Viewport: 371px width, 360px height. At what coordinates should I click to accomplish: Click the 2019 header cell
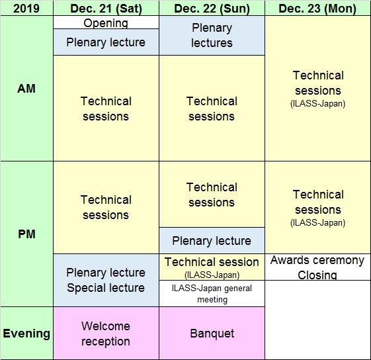coord(26,8)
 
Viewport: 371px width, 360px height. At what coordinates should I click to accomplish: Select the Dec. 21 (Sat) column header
coord(106,8)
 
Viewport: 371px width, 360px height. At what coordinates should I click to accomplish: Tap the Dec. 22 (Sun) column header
coord(212,8)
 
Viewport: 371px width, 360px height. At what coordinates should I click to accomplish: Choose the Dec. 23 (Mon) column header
coord(317,8)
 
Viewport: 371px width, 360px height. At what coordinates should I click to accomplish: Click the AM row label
coord(26,89)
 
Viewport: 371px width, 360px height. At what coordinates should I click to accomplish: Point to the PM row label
coord(26,234)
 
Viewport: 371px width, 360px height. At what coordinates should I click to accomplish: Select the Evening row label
coord(26,334)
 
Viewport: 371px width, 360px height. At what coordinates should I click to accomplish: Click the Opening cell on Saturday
coord(106,22)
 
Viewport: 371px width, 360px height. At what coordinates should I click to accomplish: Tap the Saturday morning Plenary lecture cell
coord(106,42)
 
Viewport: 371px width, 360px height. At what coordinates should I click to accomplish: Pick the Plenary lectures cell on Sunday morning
coord(212,36)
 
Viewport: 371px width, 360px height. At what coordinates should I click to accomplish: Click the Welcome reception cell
coord(106,334)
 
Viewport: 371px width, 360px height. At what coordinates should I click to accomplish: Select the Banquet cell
coord(212,334)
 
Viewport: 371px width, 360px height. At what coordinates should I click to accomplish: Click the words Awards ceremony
coord(317,260)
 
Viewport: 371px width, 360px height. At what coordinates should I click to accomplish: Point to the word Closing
coord(317,275)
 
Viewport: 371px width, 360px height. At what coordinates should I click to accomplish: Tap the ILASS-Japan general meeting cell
coord(212,294)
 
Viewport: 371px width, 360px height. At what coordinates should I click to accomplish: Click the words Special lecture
coord(106,288)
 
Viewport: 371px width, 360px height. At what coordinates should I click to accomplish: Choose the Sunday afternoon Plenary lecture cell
coord(212,241)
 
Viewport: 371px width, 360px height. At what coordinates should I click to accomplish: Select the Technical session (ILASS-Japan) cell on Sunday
coord(212,267)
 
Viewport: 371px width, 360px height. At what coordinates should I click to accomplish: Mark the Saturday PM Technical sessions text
coord(106,207)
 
